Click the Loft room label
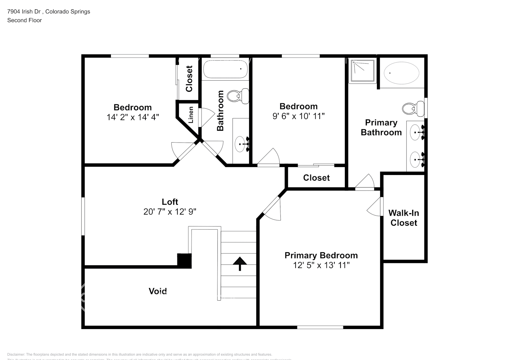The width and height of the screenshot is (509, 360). (170, 202)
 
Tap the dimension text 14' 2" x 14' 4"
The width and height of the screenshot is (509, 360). (133, 117)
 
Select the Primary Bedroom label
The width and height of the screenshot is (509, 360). (321, 256)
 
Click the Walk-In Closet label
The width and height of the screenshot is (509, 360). (404, 218)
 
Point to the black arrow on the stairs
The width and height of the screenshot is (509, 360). (239, 264)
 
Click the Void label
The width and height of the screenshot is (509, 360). (158, 291)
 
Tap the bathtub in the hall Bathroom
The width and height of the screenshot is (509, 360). (225, 69)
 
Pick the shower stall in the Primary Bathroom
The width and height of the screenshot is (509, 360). (362, 71)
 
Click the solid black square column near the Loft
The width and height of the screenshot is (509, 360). (184, 261)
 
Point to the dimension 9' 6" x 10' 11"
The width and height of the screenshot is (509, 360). (298, 116)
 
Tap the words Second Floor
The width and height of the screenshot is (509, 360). (24, 20)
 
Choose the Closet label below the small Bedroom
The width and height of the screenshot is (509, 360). (316, 178)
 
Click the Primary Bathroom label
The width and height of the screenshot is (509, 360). (381, 127)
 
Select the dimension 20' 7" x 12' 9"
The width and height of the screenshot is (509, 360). (170, 212)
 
